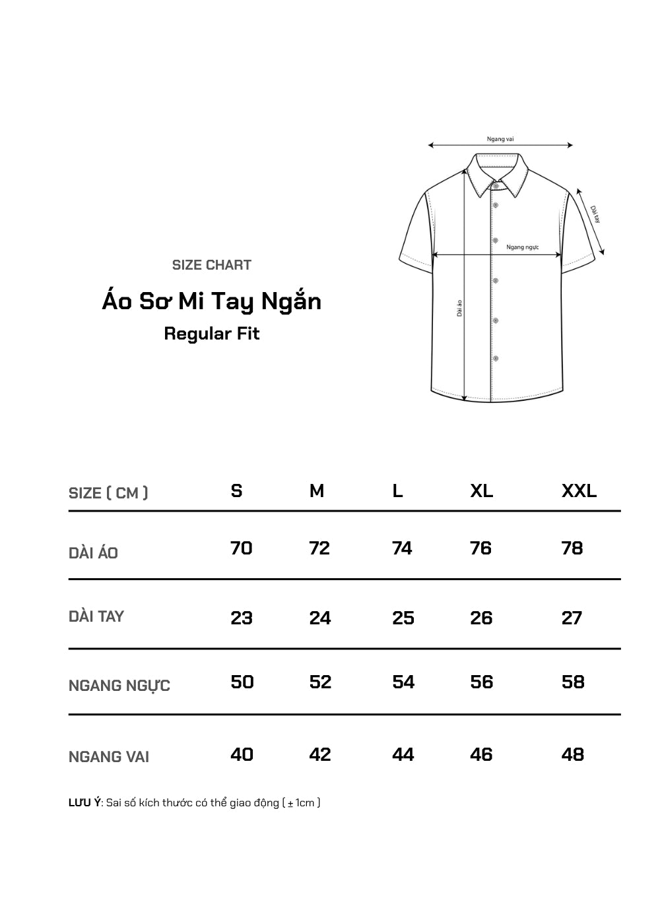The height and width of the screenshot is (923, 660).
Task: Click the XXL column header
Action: point(579,491)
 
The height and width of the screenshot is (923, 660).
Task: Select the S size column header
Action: point(236,491)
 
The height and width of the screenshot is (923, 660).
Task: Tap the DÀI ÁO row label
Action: point(93,553)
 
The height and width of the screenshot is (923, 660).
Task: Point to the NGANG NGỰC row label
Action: point(119,686)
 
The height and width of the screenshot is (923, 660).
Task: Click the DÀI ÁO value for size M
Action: point(319,549)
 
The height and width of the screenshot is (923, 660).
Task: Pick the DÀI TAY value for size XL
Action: point(481,618)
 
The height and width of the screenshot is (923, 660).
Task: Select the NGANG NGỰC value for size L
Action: point(403,682)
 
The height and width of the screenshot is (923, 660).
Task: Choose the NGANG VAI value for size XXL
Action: point(572,754)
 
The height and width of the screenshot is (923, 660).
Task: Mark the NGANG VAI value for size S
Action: point(242,754)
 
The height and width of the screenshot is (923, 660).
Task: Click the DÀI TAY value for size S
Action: point(242,618)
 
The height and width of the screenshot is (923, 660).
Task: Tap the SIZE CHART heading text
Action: point(211,265)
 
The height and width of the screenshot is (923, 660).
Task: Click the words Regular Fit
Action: point(211,334)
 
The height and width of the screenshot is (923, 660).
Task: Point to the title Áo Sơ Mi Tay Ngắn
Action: point(211,301)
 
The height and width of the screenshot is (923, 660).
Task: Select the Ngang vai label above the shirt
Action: point(500,139)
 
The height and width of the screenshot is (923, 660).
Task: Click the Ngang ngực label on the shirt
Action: point(523,247)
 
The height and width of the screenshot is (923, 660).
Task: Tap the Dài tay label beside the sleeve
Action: point(595,214)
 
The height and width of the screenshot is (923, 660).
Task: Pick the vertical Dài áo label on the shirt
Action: point(459,308)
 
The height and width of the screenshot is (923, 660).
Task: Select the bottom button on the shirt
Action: point(496,359)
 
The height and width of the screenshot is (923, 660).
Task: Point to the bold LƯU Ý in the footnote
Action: point(84,803)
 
